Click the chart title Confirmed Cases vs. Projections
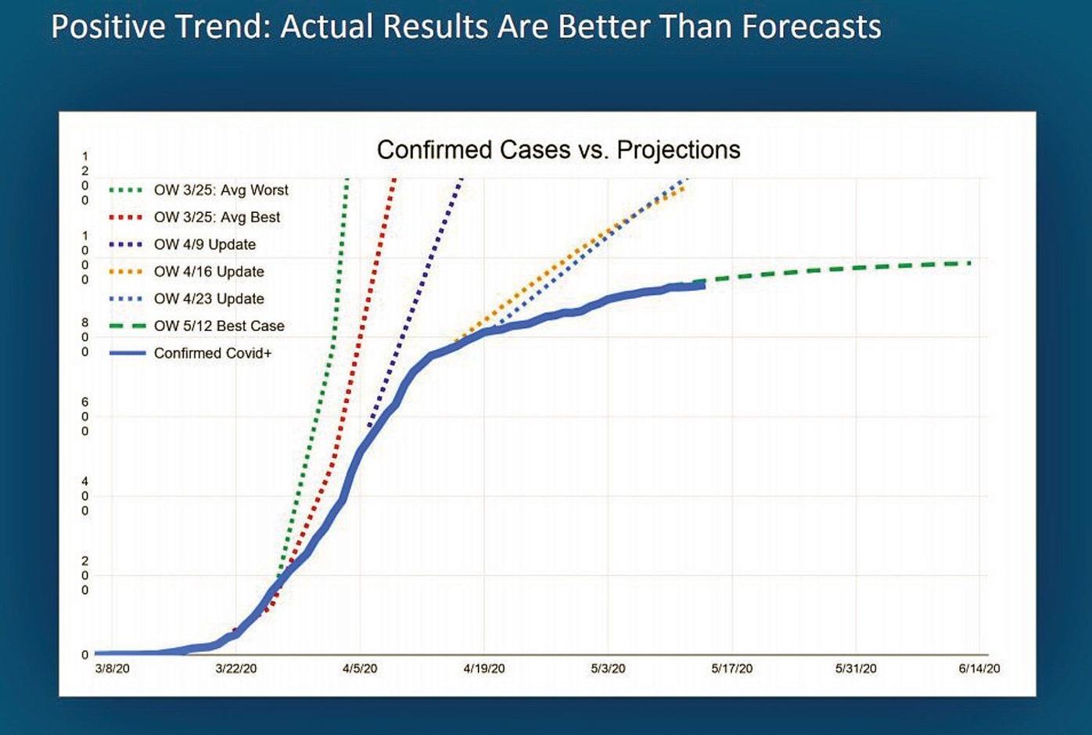[x=559, y=150]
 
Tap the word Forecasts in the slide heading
[x=811, y=27]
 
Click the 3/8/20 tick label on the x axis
[x=113, y=668]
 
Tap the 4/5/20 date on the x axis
[x=360, y=668]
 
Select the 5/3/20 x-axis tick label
[x=608, y=668]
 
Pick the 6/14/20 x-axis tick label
[x=979, y=668]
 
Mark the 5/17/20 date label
[x=731, y=668]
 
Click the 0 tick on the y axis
[x=85, y=655]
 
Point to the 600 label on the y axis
[x=85, y=416]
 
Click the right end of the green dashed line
[x=970, y=263]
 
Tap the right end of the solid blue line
[x=703, y=286]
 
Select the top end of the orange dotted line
[x=685, y=187]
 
